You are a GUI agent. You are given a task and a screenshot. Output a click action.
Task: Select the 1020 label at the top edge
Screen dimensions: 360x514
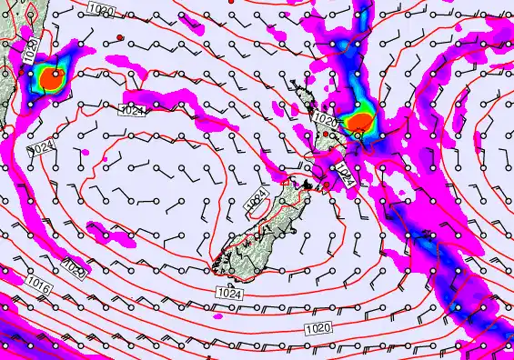pos(104,9)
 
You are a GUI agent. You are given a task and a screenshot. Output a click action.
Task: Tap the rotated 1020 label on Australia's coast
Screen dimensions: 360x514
pos(31,51)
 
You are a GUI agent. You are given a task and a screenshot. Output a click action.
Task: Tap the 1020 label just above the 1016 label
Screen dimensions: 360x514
pos(76,268)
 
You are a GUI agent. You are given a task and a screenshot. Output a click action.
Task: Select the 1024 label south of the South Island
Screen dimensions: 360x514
pos(229,292)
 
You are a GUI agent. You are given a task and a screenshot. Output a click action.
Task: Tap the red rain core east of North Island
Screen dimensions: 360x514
pos(362,122)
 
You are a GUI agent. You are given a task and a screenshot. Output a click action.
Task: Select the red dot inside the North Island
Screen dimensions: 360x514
pos(326,134)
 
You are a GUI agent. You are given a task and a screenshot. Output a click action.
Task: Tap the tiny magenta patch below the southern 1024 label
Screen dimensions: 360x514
pos(217,316)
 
